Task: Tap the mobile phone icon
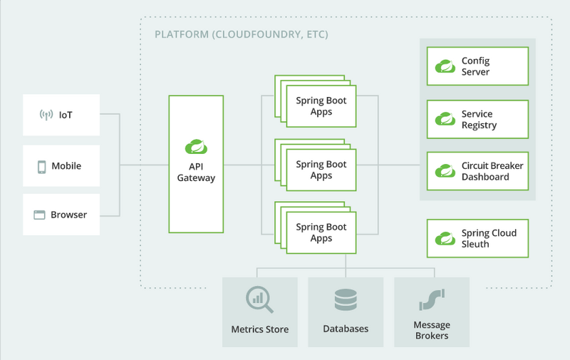(x=42, y=166)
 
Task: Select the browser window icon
(x=39, y=215)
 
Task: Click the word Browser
(x=69, y=215)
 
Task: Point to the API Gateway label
(x=196, y=172)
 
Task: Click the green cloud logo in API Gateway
(x=196, y=147)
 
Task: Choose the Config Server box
(x=477, y=67)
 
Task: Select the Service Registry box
(x=477, y=120)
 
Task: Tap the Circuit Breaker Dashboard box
(x=477, y=172)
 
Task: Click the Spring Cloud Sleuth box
(x=477, y=239)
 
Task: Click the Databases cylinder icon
(x=346, y=300)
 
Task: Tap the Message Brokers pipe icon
(x=432, y=300)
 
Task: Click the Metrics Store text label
(x=260, y=329)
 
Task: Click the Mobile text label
(x=66, y=166)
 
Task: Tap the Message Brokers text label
(x=432, y=330)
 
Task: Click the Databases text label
(x=346, y=329)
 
